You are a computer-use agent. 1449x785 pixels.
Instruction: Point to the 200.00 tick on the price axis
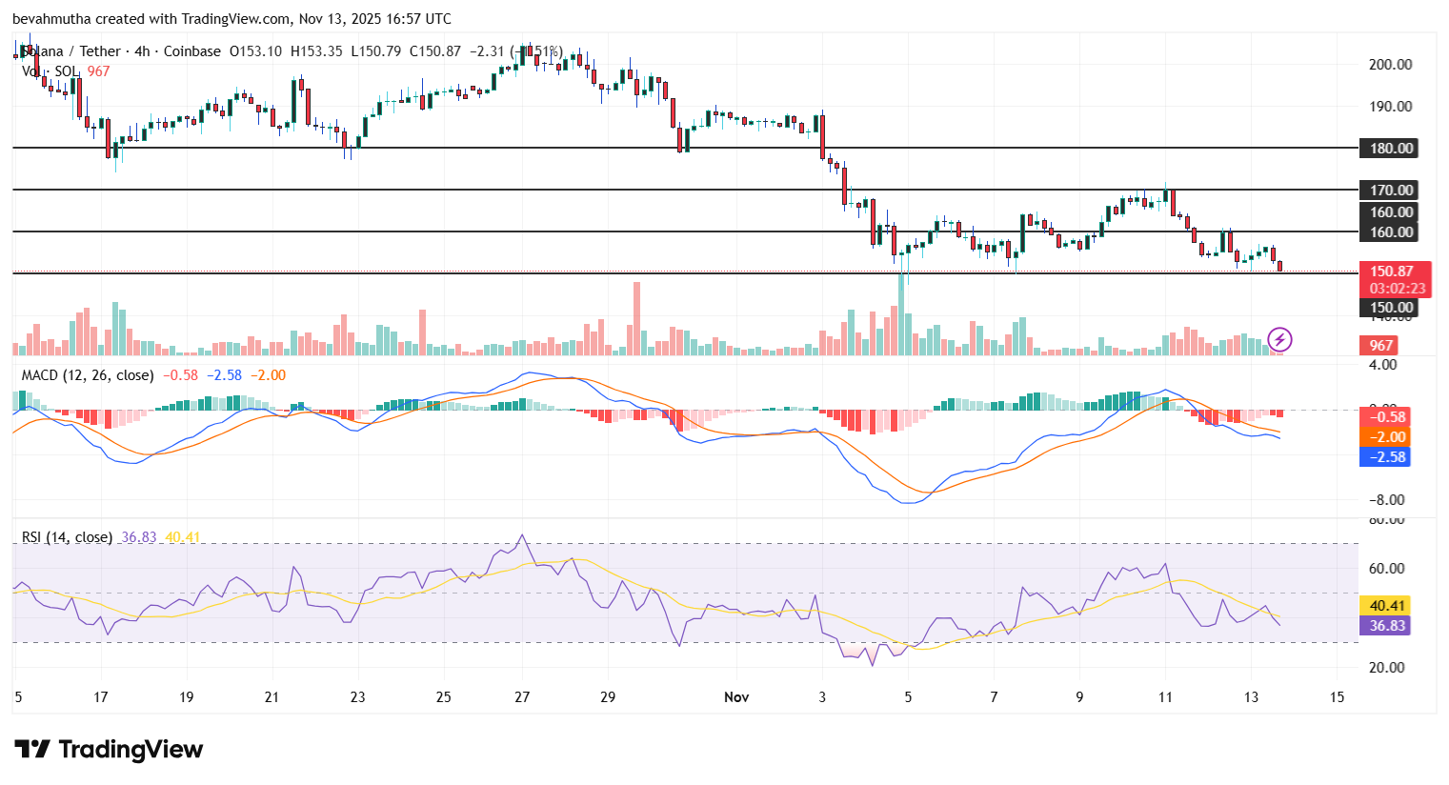pos(1390,65)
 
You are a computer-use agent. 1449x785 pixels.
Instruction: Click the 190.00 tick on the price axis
pos(1390,107)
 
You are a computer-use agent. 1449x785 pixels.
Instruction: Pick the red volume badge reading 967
pos(1381,346)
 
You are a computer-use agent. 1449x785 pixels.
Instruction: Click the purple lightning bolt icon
pos(1279,339)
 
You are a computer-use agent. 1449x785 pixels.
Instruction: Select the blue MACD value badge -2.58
pos(1387,457)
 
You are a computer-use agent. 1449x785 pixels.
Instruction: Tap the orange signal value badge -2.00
pos(1387,437)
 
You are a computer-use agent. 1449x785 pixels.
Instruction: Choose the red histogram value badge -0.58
pos(1387,417)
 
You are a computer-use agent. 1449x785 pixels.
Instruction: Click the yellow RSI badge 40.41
pos(1387,606)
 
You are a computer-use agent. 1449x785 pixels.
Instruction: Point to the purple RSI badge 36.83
pos(1387,626)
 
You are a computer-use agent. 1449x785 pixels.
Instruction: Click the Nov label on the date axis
pos(736,697)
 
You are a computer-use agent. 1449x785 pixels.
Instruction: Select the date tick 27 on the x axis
pos(522,697)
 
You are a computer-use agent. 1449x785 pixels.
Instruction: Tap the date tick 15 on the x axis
pos(1337,697)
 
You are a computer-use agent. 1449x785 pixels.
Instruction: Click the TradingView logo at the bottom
pos(109,750)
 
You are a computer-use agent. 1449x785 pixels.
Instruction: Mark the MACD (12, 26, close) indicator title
pos(88,375)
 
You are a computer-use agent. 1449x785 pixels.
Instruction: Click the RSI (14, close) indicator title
pos(67,537)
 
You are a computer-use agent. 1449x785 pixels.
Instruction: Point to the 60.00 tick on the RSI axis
pos(1386,569)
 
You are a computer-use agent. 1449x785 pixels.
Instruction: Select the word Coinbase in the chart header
pos(192,51)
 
